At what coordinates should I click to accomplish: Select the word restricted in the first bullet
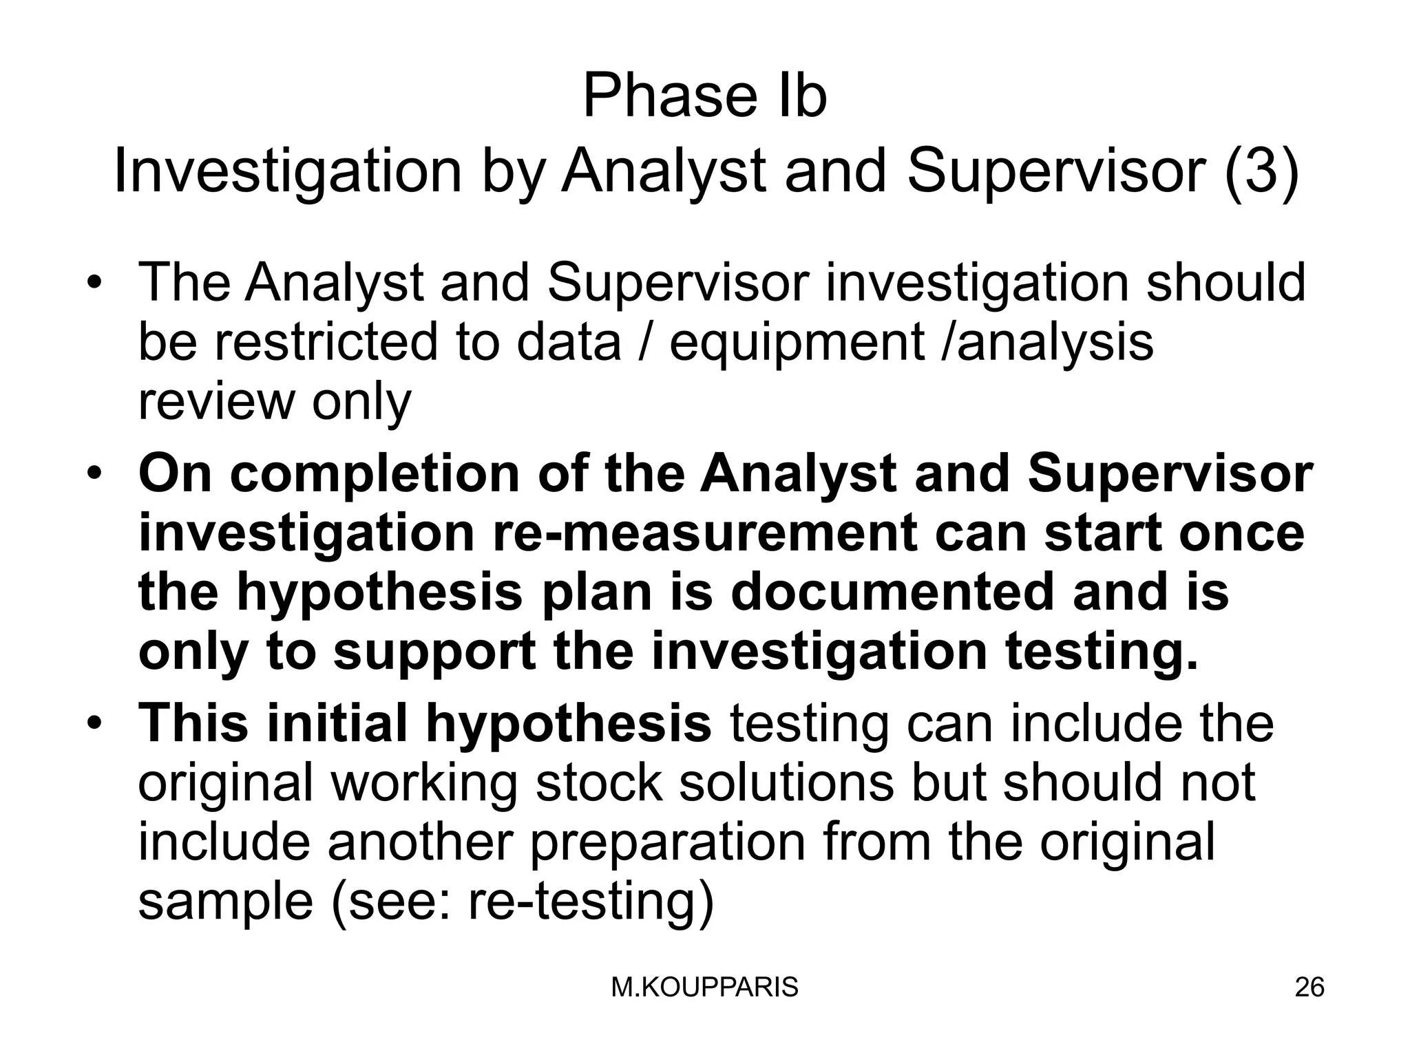point(326,342)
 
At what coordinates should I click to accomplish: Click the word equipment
point(797,343)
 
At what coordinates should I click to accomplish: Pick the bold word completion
point(375,475)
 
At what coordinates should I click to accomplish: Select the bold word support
point(434,652)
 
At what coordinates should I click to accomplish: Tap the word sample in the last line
point(225,902)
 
